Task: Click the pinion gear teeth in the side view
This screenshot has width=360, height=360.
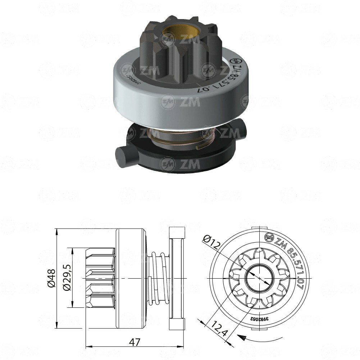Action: [x=100, y=278]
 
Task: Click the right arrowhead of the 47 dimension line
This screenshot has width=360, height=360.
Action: [x=182, y=347]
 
